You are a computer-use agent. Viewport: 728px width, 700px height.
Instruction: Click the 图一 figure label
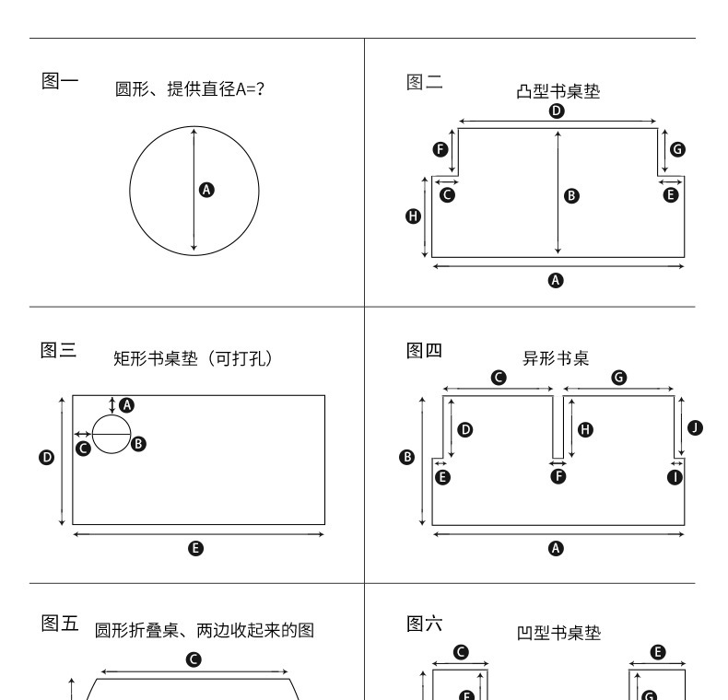point(60,81)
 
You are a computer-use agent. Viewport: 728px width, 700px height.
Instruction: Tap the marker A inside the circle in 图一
point(206,190)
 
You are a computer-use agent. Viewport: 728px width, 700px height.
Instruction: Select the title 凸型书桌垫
point(558,91)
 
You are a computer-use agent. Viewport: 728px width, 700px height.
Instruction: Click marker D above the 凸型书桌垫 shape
point(557,111)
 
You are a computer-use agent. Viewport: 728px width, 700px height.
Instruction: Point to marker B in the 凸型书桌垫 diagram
point(571,195)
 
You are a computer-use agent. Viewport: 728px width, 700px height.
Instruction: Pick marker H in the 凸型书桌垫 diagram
point(413,216)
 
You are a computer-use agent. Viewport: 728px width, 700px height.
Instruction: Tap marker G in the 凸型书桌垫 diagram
point(677,149)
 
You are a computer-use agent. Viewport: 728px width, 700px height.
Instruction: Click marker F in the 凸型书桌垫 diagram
point(440,149)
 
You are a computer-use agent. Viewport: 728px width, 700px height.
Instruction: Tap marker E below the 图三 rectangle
point(195,548)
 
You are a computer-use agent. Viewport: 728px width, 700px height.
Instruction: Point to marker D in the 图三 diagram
point(47,458)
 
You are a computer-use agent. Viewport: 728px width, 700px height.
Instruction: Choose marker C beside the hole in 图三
point(83,448)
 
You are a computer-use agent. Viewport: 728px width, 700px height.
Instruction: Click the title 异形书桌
point(556,358)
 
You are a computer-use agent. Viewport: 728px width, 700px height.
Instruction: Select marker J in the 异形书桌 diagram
point(695,426)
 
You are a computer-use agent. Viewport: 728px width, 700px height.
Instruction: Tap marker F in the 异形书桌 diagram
point(558,476)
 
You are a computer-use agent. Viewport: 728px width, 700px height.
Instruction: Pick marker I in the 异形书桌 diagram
point(675,476)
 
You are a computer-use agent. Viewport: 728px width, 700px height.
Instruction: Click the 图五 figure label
point(60,624)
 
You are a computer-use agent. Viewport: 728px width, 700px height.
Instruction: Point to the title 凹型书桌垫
point(558,633)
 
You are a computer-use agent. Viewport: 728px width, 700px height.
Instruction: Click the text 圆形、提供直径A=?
point(190,91)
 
